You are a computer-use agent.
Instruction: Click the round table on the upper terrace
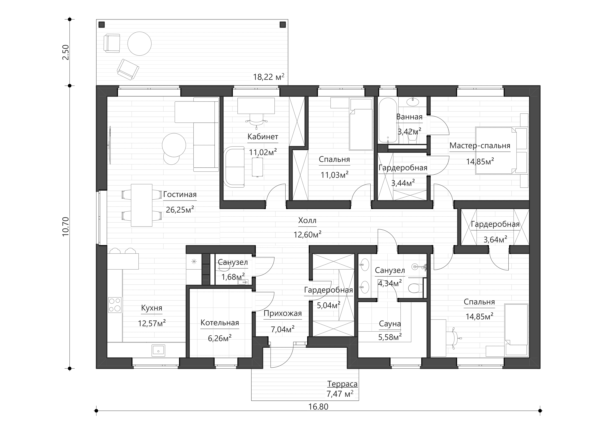[139, 43]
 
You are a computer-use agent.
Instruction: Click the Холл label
[307, 221]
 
